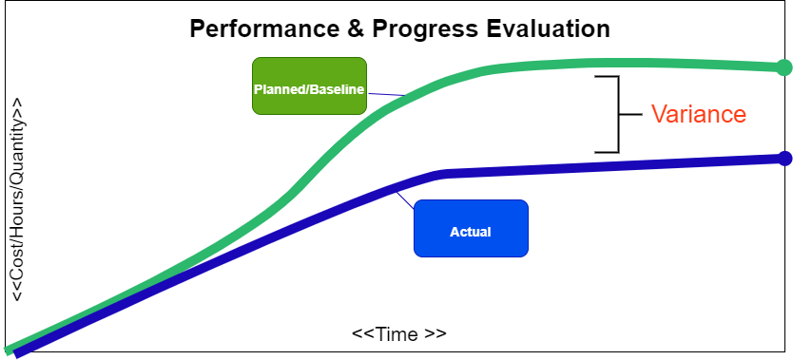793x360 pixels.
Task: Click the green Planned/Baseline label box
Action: (x=309, y=86)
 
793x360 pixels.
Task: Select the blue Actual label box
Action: (x=470, y=229)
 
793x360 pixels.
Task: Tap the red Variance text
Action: (x=698, y=114)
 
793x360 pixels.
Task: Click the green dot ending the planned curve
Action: (x=783, y=67)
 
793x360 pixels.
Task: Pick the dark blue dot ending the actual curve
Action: (x=783, y=159)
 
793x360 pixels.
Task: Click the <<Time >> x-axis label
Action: (x=398, y=334)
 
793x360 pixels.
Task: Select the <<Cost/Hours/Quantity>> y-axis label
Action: (x=18, y=199)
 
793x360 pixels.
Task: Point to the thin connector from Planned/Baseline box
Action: (x=386, y=94)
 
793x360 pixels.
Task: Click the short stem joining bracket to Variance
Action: (x=631, y=114)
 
